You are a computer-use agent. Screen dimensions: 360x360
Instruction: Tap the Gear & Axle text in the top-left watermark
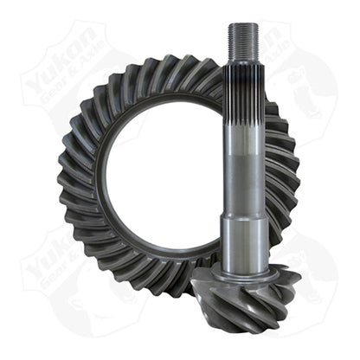(x=65, y=82)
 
